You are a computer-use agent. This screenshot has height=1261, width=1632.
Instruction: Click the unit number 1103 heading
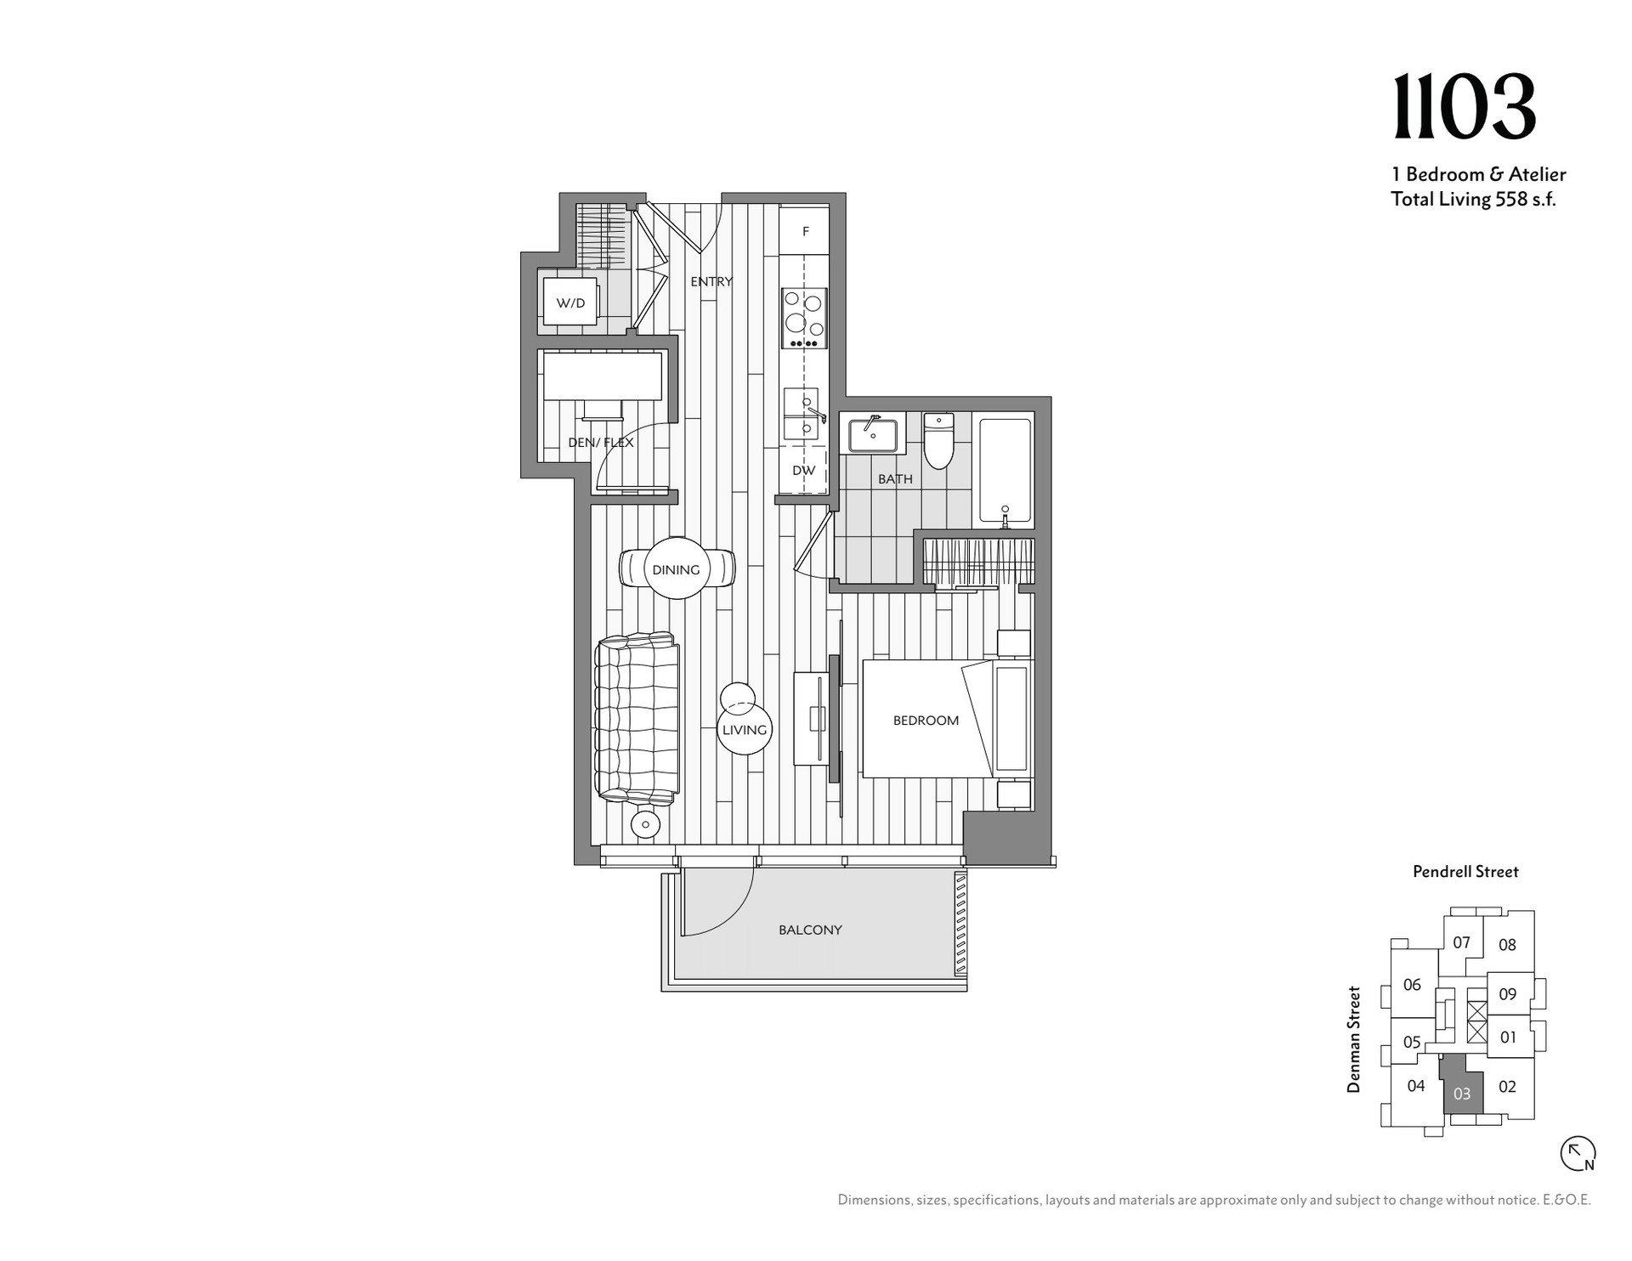coord(1465,107)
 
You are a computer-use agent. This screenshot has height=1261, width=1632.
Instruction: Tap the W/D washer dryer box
coord(570,303)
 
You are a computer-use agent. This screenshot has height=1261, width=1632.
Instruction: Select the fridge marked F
coord(804,231)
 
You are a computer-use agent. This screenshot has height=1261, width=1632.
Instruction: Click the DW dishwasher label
coord(803,471)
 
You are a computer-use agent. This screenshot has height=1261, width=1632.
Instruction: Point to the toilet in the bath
coord(938,440)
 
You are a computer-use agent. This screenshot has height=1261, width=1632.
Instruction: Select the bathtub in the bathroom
coord(1005,470)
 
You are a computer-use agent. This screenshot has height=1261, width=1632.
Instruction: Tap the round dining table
coord(677,568)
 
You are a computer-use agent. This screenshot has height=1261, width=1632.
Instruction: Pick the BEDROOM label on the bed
coord(926,721)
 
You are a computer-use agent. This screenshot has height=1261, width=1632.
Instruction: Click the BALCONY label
coord(810,930)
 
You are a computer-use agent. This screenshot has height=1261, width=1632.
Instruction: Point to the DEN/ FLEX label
coord(601,443)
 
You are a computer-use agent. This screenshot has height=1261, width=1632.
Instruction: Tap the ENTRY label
coord(711,281)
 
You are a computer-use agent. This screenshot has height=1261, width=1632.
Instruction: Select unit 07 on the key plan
coord(1461,942)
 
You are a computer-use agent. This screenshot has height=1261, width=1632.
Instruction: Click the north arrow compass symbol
coord(1578,1154)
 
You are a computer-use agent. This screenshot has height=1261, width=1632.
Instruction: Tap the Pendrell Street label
coord(1465,871)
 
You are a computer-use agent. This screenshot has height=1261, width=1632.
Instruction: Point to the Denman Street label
coord(1354,1038)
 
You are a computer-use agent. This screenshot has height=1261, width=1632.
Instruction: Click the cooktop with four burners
coord(803,318)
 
